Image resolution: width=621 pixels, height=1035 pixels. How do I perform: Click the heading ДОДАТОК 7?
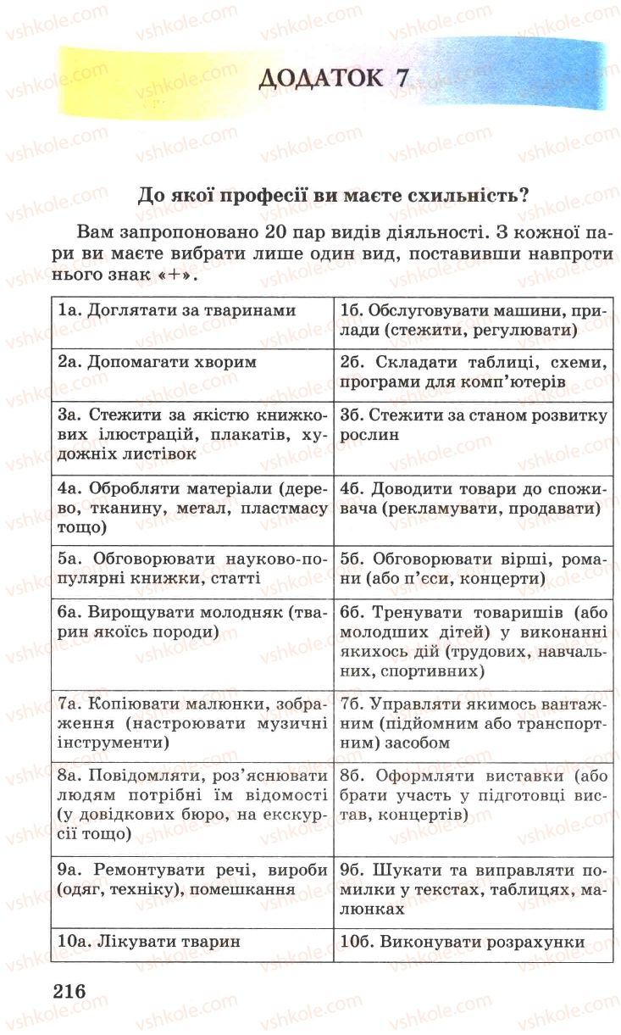click(x=334, y=80)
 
